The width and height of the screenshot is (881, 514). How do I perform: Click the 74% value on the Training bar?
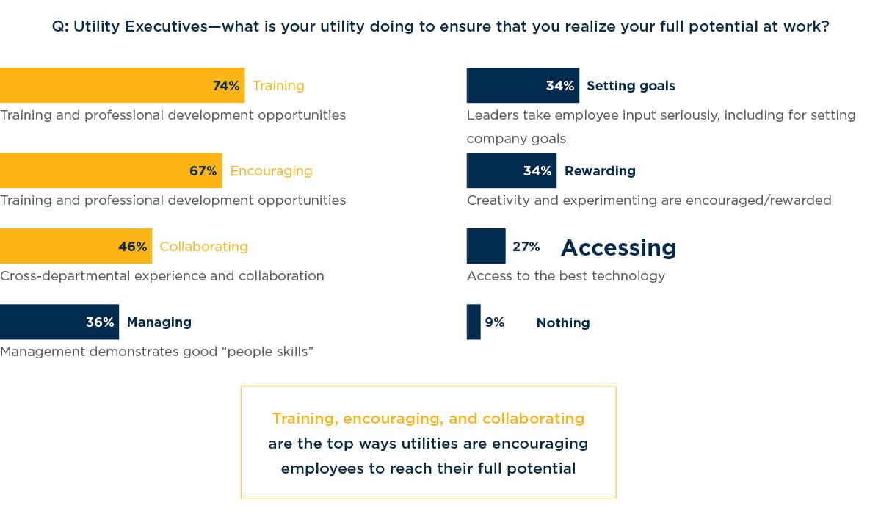coord(226,86)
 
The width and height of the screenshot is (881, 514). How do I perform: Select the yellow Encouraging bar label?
coord(271,171)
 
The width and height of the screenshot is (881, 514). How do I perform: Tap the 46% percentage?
coord(132,247)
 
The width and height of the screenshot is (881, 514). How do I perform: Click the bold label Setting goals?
coord(631,86)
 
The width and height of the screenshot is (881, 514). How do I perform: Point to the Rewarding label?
coord(600,171)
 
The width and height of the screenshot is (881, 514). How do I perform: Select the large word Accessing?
coord(618,247)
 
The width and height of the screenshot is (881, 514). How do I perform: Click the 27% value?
coord(526,247)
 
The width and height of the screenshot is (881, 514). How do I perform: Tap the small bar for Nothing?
coord(474,322)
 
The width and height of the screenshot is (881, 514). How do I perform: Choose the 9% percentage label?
coord(494,322)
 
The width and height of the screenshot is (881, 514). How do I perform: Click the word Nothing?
coord(563,323)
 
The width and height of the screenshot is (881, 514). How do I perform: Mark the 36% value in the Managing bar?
coord(100,322)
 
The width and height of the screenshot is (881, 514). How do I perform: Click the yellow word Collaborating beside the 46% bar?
coord(203,247)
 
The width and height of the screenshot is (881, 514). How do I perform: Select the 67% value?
coord(203,171)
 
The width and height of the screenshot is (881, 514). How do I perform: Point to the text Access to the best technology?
coord(565,276)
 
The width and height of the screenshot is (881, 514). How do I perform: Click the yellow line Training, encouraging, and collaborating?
coord(428,419)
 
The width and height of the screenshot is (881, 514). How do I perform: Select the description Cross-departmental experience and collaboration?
coord(162,276)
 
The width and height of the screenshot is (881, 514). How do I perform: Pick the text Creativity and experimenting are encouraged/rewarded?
coord(649,200)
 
